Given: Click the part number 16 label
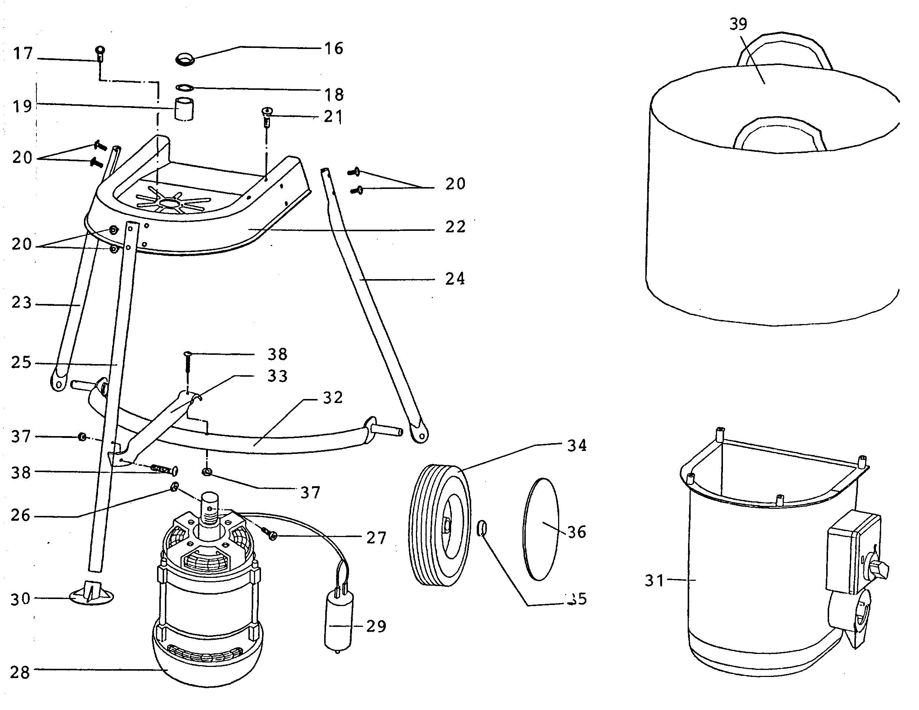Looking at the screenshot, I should pyautogui.click(x=334, y=49).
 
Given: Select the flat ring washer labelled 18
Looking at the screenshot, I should pyautogui.click(x=184, y=88).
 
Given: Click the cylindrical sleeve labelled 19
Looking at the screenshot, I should pyautogui.click(x=184, y=109).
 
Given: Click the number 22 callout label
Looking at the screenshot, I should pyautogui.click(x=455, y=227).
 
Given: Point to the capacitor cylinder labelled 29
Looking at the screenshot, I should pyautogui.click(x=338, y=621).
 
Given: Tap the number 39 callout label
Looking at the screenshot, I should pyautogui.click(x=738, y=24).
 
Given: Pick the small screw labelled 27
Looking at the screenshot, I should pyautogui.click(x=270, y=534).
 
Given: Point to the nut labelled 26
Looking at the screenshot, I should pyautogui.click(x=174, y=487).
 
